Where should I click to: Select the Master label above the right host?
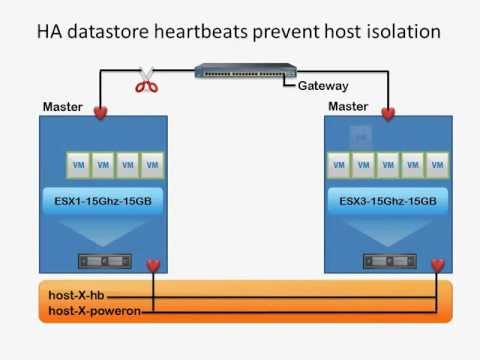348,106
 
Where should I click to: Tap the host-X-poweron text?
93,312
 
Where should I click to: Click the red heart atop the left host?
100,113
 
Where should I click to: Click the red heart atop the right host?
388,113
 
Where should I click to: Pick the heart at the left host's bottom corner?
152,265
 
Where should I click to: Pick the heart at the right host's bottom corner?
437,265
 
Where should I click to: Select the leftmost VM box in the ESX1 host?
77,163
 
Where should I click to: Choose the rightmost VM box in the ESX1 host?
151,163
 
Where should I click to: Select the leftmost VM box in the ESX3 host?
340,163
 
